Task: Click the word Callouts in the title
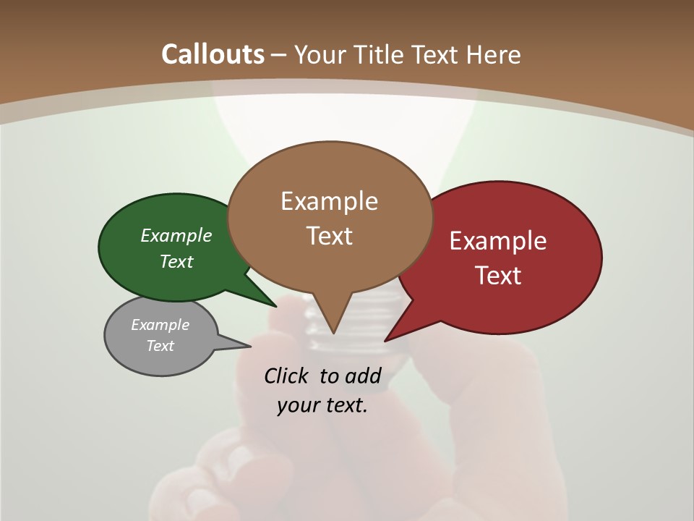pos(213,54)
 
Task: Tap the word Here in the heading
pos(494,54)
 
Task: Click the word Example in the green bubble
pos(176,236)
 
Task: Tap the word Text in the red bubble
pos(498,275)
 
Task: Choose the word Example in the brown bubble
pos(329,201)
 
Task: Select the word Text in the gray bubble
pos(160,346)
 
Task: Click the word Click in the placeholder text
pos(287,376)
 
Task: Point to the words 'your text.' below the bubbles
pos(322,406)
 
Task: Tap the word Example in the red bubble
pos(498,241)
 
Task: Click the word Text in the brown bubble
pos(329,236)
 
